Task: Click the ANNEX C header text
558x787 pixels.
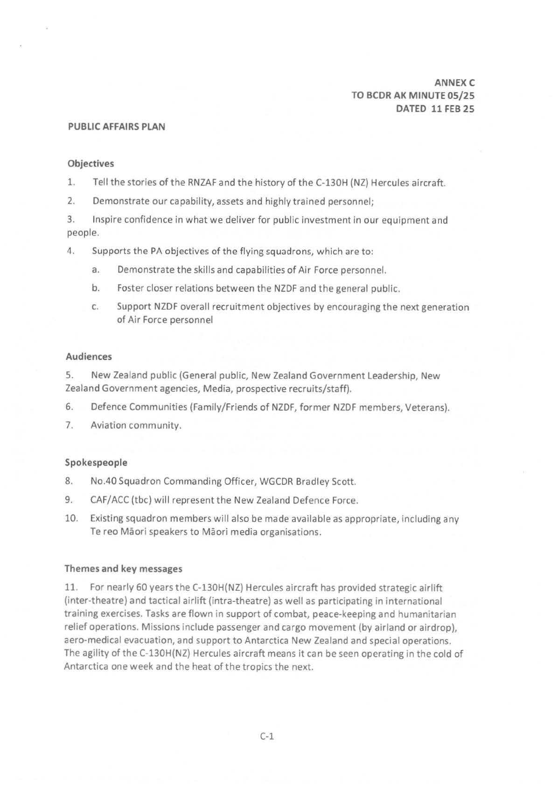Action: (x=454, y=83)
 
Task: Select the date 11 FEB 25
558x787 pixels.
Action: (x=453, y=109)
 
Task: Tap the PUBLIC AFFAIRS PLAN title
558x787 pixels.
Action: (x=116, y=127)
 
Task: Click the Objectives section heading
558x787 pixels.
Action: (x=91, y=164)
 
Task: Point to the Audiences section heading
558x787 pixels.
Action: (x=89, y=357)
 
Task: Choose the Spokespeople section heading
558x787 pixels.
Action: (x=96, y=463)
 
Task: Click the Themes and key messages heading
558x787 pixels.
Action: (x=123, y=569)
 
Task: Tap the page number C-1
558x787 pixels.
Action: (x=267, y=737)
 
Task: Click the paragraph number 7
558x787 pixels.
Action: (x=69, y=425)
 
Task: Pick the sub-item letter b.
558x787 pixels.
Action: (x=95, y=288)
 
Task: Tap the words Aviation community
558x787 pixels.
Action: (x=135, y=425)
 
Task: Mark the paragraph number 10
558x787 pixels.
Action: (x=71, y=518)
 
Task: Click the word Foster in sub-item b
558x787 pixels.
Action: (x=131, y=288)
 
